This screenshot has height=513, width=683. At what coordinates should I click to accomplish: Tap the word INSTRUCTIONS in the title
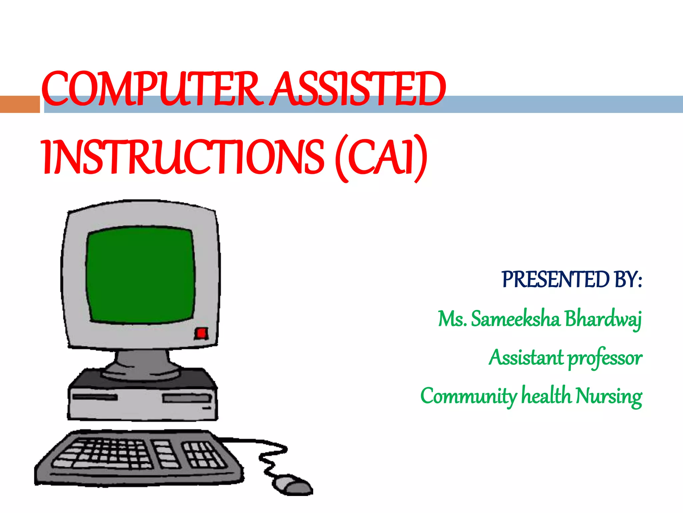[x=183, y=157]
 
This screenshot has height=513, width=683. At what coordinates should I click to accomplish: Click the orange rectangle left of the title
[x=20, y=104]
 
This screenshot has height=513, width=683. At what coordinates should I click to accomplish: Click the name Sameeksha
[x=516, y=319]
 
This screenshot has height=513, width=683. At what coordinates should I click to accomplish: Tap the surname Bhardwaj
[x=603, y=319]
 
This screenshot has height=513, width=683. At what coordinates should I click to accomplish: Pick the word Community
[x=469, y=397]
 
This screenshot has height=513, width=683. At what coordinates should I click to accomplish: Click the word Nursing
[x=609, y=397]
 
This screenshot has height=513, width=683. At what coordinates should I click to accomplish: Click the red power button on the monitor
[x=201, y=333]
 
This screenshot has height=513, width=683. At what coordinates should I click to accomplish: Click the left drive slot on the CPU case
[x=95, y=397]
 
